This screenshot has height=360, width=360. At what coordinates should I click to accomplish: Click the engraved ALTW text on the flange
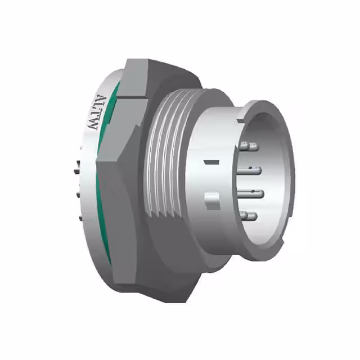coord(93,112)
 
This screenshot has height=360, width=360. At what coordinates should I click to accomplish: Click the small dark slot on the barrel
coord(211,163)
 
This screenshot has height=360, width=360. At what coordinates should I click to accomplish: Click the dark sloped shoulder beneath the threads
coord(169,247)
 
